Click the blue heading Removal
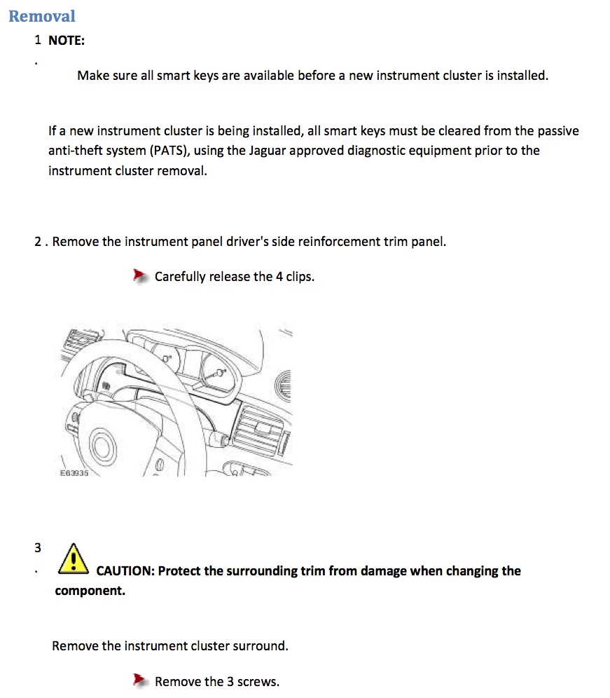click(42, 16)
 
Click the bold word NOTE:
click(67, 41)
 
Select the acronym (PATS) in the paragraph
click(169, 151)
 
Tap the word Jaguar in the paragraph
click(267, 151)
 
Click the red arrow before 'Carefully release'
click(141, 276)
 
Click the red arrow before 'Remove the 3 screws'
click(141, 680)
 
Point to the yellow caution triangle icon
click(74, 559)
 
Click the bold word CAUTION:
click(125, 570)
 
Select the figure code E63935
click(74, 473)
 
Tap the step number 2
click(38, 241)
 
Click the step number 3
click(38, 547)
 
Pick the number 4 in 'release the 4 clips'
click(279, 276)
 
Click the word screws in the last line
click(258, 681)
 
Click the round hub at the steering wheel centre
click(103, 446)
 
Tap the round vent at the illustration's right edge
click(284, 385)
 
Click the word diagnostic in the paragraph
click(376, 151)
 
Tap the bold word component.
click(90, 591)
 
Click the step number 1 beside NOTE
click(38, 40)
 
